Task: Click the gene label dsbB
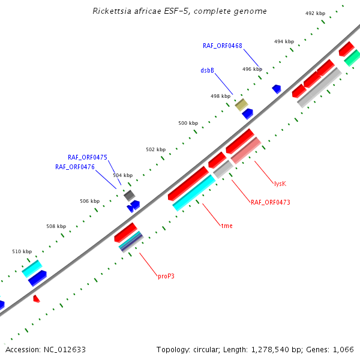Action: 207,70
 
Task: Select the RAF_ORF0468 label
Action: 222,46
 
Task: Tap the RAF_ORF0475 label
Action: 88,157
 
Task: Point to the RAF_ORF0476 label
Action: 75,167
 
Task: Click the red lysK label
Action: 280,184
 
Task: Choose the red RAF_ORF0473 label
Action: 270,202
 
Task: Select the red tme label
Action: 227,226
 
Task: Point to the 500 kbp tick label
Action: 188,123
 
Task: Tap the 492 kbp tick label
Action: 314,13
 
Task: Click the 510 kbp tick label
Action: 22,252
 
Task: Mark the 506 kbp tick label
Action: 89,202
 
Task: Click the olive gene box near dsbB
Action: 241,105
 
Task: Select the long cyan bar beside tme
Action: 194,193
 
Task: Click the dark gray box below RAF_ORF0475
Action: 129,195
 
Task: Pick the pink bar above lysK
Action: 245,151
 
